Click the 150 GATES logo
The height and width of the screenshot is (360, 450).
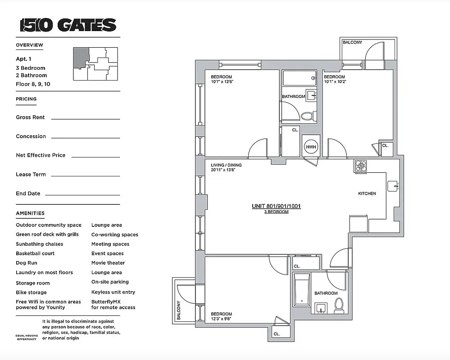68,25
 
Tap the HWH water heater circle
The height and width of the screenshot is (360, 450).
311,147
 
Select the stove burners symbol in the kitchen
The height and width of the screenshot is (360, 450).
361,166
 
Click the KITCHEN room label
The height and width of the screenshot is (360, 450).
367,193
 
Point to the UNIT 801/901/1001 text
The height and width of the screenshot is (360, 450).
276,207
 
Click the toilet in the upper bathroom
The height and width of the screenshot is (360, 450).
307,116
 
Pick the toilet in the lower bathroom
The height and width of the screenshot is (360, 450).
339,306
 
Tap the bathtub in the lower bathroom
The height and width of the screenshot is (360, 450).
300,292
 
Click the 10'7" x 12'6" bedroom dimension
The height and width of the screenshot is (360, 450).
223,82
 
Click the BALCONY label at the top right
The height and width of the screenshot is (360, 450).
352,43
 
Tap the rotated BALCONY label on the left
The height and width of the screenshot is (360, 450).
178,310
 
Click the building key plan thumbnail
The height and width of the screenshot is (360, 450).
95,64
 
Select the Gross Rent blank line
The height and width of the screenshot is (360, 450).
86,119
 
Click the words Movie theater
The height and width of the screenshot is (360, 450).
108,263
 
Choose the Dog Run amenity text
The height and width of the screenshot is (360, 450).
27,263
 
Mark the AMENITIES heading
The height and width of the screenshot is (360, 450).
30,213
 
